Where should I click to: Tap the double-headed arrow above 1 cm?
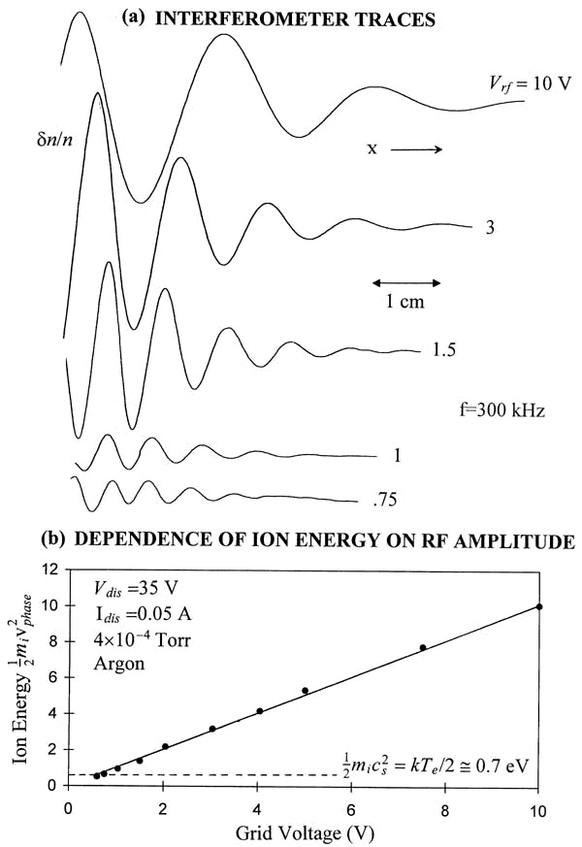coord(406,282)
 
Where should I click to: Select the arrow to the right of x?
coord(417,149)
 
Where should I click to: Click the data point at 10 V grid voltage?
coord(539,607)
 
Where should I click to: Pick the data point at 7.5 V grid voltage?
coord(422,647)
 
